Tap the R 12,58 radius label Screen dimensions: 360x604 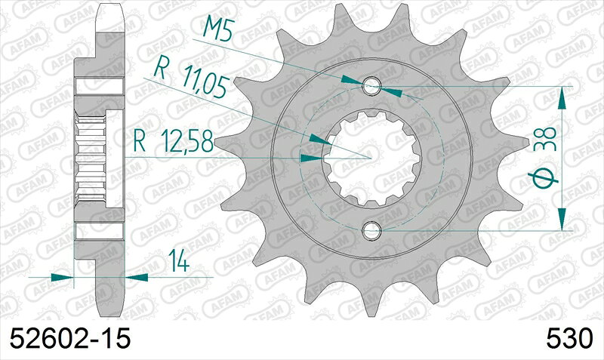[173, 139]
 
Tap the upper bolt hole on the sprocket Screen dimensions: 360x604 [371, 86]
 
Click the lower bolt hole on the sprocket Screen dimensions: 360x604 [371, 229]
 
